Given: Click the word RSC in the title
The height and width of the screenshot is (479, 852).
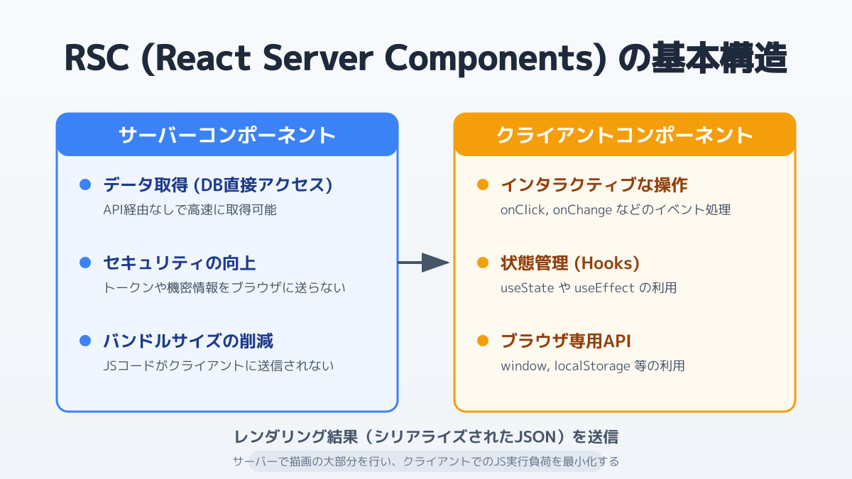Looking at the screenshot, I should (97, 58).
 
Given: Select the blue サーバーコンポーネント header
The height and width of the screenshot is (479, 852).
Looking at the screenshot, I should (226, 135).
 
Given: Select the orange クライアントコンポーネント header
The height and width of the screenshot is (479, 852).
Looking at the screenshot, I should (624, 135).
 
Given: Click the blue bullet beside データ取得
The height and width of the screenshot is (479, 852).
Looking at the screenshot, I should (85, 185).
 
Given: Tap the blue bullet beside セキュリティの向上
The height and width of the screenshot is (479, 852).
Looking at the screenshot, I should (85, 263).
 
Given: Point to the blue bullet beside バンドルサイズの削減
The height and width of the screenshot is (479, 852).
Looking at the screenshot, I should (85, 341).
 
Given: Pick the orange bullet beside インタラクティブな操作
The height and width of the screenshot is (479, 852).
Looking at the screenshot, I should (483, 185).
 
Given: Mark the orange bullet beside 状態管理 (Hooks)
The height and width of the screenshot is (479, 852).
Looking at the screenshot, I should (483, 263).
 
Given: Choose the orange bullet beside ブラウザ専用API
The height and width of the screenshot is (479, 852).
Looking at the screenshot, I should (483, 341).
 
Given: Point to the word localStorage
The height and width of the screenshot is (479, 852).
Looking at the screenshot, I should (587, 366).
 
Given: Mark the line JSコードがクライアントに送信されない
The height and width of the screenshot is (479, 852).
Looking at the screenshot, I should (218, 366).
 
